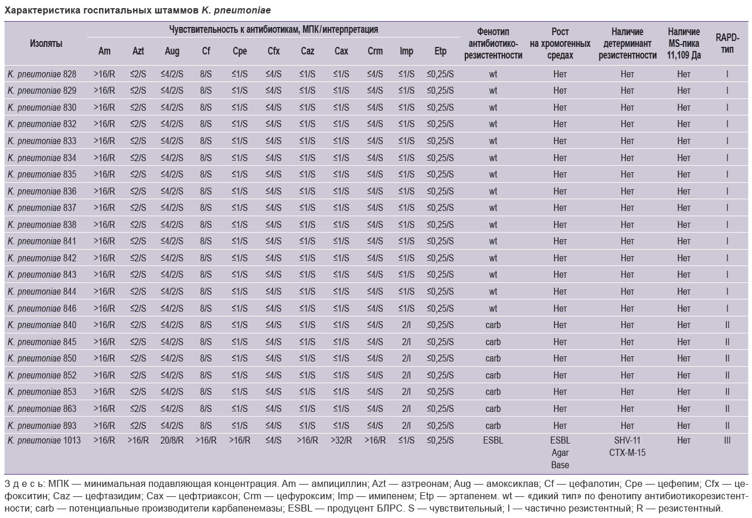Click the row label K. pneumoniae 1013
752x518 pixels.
[x=44, y=440]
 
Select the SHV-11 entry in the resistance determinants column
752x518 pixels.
[x=627, y=440]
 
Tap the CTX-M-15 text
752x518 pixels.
[x=627, y=452]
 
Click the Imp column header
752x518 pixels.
[x=406, y=51]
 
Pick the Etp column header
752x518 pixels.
[x=440, y=51]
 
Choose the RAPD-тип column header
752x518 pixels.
[x=727, y=43]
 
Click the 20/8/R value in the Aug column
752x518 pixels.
[x=172, y=440]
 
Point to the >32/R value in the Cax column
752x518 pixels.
[x=341, y=440]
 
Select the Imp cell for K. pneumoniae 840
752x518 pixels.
[x=406, y=325]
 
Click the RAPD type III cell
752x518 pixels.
[x=727, y=440]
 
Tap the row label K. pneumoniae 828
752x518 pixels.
[x=42, y=74]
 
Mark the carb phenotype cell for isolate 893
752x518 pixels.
[x=493, y=425]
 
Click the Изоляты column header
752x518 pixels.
[x=46, y=43]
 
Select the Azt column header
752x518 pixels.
[x=138, y=51]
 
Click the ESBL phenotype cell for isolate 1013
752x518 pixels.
[x=493, y=440]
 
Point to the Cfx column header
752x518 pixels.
[x=274, y=51]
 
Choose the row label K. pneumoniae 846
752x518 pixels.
[x=42, y=308]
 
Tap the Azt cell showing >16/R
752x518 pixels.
[x=138, y=440]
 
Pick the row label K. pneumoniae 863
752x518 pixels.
[x=42, y=408]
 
